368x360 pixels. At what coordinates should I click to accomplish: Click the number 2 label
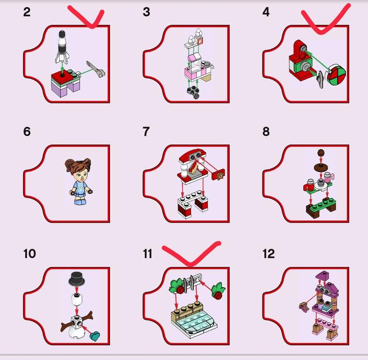coord(27,12)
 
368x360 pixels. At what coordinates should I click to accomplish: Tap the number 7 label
coord(146,132)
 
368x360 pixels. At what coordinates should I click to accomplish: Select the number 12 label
coord(269,254)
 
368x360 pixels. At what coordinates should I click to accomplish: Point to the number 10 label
coord(29,254)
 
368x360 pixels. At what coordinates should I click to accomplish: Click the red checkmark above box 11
coord(191,254)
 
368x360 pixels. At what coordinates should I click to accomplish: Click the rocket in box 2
coord(62,47)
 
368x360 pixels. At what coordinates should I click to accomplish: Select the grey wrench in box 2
coord(96,69)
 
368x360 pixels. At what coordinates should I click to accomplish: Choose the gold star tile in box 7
coord(220,175)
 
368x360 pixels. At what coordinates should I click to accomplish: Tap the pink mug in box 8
coord(328,177)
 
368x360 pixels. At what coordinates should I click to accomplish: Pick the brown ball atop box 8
coord(321,153)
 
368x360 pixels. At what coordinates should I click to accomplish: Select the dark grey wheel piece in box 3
coord(193,92)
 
